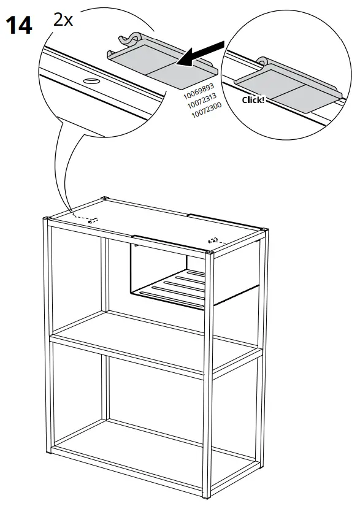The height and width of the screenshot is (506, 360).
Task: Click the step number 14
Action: tap(18, 26)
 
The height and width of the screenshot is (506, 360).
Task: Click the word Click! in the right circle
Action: tap(253, 99)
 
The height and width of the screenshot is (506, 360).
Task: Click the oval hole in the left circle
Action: tap(90, 82)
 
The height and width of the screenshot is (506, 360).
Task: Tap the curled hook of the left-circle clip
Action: tap(130, 40)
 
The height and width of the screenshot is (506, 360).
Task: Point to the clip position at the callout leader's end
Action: tap(93, 220)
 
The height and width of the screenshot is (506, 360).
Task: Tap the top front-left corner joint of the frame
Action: tap(47, 220)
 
